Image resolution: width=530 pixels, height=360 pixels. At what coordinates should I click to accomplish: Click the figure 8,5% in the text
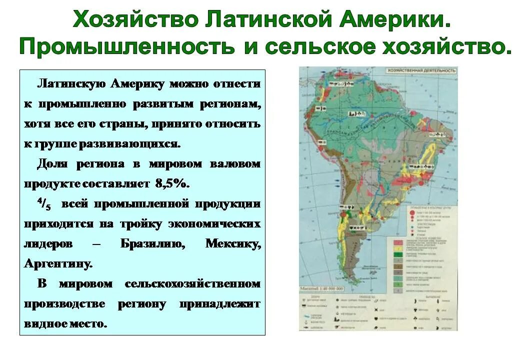point(172,183)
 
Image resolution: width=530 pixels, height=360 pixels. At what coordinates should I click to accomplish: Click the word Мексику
point(232,244)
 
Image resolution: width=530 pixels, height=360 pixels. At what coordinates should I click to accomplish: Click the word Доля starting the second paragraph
point(52,164)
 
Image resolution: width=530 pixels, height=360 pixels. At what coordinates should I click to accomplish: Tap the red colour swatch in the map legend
point(398,240)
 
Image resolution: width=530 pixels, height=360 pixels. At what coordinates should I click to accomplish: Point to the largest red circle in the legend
point(411,212)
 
